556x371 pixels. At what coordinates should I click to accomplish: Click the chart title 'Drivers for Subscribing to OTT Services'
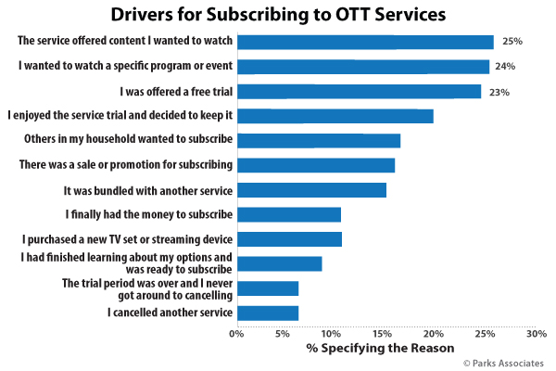[278, 15]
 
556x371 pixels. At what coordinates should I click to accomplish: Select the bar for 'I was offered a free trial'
[360, 91]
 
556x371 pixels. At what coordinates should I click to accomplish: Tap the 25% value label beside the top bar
[512, 41]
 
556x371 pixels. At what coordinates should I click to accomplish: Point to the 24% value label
[505, 66]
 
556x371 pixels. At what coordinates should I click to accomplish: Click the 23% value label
[499, 93]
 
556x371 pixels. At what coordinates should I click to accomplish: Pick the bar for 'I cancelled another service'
[268, 313]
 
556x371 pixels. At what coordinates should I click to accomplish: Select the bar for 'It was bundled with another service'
[312, 190]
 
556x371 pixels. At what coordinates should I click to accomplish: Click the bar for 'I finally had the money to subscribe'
[289, 215]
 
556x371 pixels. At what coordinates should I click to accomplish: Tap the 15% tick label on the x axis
[382, 334]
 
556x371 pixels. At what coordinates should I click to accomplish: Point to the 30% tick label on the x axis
[537, 334]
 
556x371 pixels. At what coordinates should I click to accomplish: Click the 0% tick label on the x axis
[236, 334]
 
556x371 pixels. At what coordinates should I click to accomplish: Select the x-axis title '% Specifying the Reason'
[381, 349]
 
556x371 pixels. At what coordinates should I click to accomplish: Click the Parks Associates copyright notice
[503, 364]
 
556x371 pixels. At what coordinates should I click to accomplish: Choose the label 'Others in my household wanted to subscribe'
[129, 139]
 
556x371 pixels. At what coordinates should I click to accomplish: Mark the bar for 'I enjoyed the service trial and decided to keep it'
[335, 116]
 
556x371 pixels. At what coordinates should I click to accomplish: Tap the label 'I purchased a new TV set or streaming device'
[127, 239]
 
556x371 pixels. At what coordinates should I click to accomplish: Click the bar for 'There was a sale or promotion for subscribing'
[316, 165]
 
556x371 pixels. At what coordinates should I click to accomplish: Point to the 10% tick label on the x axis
[331, 334]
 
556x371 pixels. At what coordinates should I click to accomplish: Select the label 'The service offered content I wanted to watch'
[125, 41]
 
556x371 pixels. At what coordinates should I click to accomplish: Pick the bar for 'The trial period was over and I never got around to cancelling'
[268, 288]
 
